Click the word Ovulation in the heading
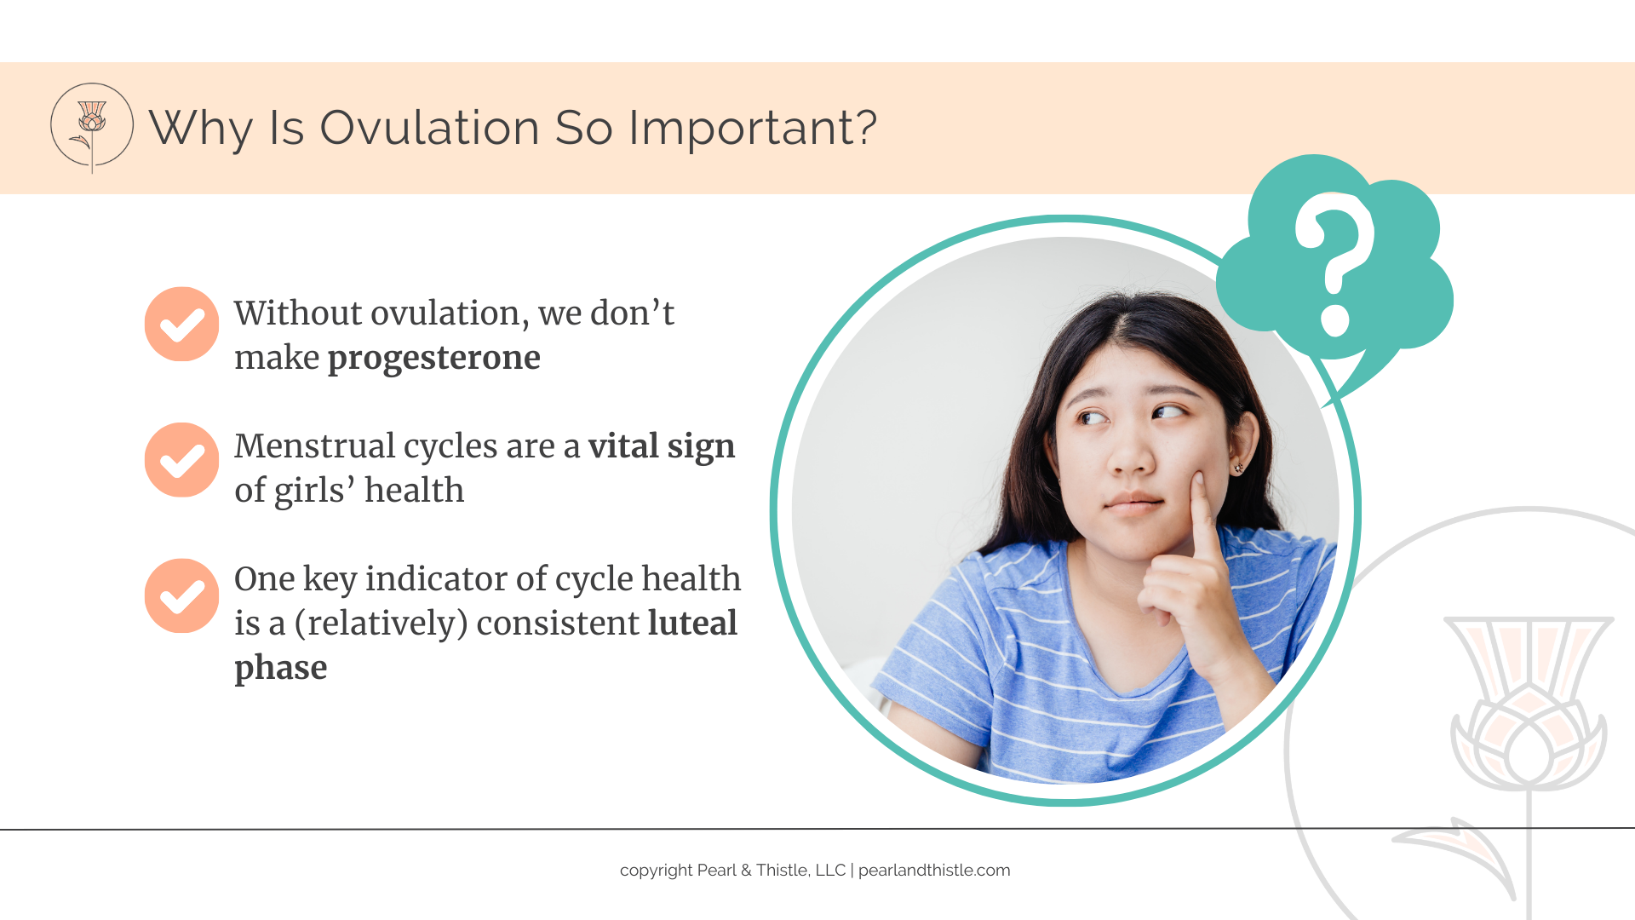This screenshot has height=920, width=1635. [x=430, y=128]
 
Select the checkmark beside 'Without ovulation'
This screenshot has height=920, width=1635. [x=181, y=324]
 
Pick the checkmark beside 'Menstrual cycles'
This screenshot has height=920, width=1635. [x=181, y=460]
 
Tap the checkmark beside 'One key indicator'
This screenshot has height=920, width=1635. [x=181, y=595]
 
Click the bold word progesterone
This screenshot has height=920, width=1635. [x=434, y=359]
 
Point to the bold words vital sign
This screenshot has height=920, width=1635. [x=662, y=446]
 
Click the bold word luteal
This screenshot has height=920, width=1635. [x=692, y=623]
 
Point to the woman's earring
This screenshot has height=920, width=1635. [x=1238, y=468]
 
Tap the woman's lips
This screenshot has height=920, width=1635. [x=1133, y=503]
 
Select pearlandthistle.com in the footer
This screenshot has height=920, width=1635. [x=934, y=871]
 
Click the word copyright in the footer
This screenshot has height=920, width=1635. [x=656, y=871]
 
